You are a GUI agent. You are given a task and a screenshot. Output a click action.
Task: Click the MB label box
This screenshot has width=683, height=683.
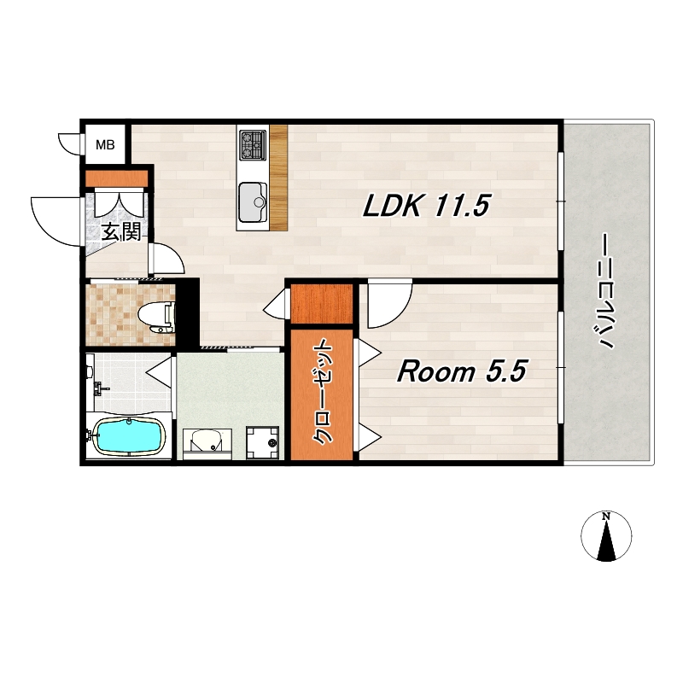pos(105,144)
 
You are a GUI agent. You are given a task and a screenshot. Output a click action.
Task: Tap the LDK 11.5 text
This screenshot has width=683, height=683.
pos(426,205)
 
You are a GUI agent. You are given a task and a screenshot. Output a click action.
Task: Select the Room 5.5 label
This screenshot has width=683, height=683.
pos(462,371)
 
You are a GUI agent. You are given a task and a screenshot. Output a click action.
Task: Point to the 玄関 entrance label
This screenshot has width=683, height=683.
pos(121,232)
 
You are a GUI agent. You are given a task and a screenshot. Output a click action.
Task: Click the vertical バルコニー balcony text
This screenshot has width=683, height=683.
pos(604,291)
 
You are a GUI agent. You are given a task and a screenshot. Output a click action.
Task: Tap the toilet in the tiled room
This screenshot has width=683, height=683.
pos(156,317)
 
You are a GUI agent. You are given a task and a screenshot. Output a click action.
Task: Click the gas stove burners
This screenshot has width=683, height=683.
pos(253,144)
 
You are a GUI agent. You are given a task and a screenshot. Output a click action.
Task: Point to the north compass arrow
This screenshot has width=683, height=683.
pos(606,540)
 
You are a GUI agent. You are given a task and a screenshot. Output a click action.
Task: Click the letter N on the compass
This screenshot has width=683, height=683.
pos(606,517)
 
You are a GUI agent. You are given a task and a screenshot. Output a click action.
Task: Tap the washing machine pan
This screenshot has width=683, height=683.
pos(263,442)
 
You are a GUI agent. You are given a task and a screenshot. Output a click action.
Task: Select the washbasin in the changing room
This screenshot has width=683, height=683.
pos(207,441)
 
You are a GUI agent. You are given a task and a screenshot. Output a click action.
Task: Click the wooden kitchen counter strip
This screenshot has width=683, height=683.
pos(279,178)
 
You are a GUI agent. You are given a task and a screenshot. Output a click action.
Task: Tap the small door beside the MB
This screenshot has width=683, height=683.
pos(70,144)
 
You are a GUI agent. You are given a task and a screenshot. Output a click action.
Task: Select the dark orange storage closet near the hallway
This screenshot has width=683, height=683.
pos(322,304)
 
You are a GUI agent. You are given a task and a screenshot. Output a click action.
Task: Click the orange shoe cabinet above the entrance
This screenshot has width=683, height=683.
pos(117,178)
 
